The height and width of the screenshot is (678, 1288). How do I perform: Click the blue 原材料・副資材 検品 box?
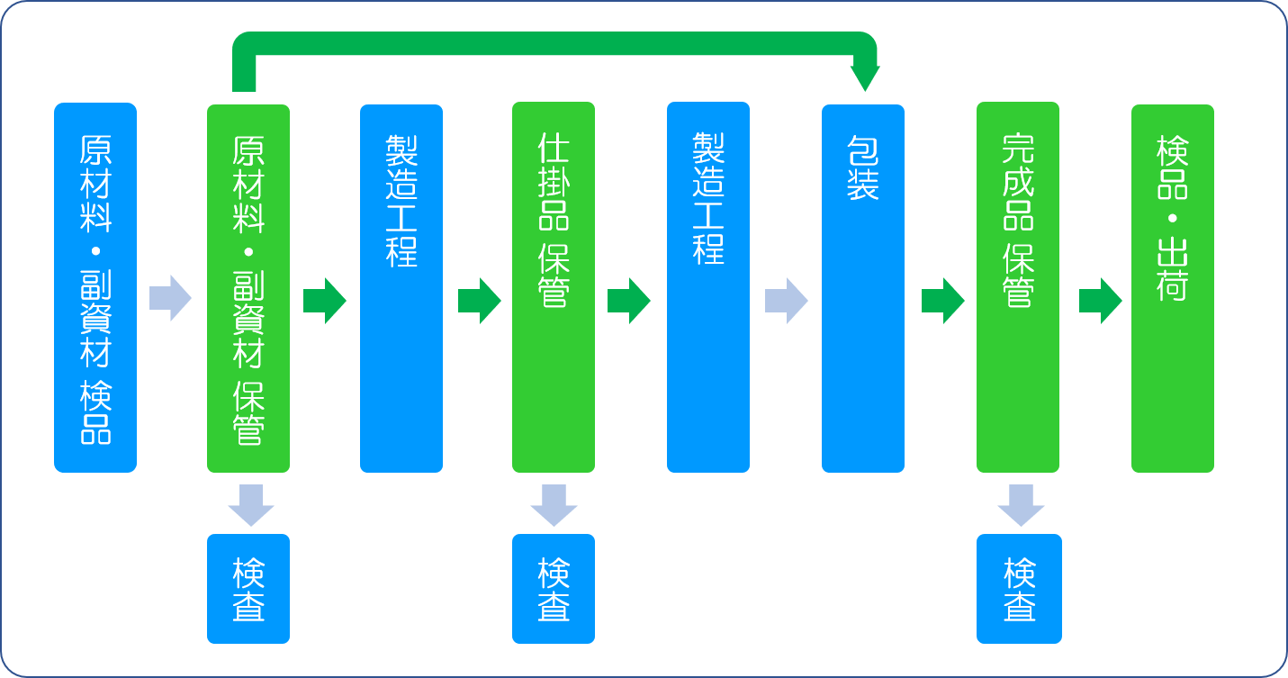click(x=95, y=287)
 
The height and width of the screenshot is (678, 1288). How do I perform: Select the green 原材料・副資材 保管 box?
click(x=248, y=288)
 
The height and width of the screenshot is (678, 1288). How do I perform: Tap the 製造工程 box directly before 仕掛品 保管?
click(x=401, y=288)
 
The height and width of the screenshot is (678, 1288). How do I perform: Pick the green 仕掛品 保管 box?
click(x=554, y=287)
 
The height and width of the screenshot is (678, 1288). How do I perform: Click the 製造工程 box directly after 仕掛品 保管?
click(x=708, y=287)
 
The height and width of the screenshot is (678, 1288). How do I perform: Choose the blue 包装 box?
click(x=863, y=288)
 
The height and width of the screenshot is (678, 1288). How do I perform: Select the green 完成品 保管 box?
click(x=1018, y=287)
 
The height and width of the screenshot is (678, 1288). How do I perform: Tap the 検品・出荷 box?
click(x=1173, y=288)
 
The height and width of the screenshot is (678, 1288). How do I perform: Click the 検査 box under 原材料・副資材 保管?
click(x=248, y=589)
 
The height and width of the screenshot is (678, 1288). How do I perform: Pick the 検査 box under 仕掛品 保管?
click(x=554, y=589)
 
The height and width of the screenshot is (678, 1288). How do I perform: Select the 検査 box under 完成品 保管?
click(x=1019, y=589)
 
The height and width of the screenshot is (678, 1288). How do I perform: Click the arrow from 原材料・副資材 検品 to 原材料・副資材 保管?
click(x=171, y=298)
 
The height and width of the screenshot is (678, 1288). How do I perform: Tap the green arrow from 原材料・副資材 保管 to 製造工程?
click(x=325, y=300)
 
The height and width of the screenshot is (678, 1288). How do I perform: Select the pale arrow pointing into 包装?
click(x=787, y=300)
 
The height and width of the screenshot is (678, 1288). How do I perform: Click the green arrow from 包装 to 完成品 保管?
click(x=942, y=300)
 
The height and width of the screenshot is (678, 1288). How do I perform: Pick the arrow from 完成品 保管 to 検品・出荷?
click(x=1100, y=300)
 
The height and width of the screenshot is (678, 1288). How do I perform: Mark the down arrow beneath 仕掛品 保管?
click(x=554, y=505)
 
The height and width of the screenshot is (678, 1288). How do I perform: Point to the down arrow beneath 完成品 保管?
click(x=1021, y=505)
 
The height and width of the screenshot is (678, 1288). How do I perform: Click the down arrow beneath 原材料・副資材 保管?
click(x=251, y=505)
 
